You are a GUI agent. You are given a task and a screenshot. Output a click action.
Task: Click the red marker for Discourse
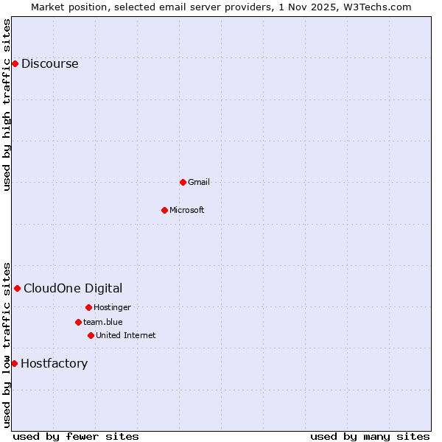15,63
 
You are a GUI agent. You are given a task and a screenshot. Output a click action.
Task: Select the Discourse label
49,63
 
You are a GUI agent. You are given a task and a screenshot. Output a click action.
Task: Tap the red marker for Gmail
183,182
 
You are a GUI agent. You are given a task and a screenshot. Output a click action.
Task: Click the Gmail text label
198,182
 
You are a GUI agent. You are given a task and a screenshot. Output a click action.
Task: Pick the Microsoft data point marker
165,210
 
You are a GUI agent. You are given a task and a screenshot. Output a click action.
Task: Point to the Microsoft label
186,210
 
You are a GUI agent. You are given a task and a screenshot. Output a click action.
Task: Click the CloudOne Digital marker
17,288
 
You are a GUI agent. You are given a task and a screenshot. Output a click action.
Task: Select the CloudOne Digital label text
73,288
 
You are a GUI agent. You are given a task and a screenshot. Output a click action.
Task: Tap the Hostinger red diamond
88,307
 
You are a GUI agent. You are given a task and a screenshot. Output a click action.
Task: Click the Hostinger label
112,307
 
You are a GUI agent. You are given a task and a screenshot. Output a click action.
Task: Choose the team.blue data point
78,322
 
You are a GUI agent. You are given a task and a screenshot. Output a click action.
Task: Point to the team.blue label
102,322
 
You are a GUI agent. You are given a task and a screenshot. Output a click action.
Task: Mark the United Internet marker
91,335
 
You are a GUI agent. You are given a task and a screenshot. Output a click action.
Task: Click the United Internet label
125,335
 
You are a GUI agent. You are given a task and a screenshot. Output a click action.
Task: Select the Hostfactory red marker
14,363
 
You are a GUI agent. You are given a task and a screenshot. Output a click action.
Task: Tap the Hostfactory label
54,363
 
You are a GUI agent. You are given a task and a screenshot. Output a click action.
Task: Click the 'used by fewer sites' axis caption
76,436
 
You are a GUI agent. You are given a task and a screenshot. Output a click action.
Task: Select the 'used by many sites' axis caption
370,436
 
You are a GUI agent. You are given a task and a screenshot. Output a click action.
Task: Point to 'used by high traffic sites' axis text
7,105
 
